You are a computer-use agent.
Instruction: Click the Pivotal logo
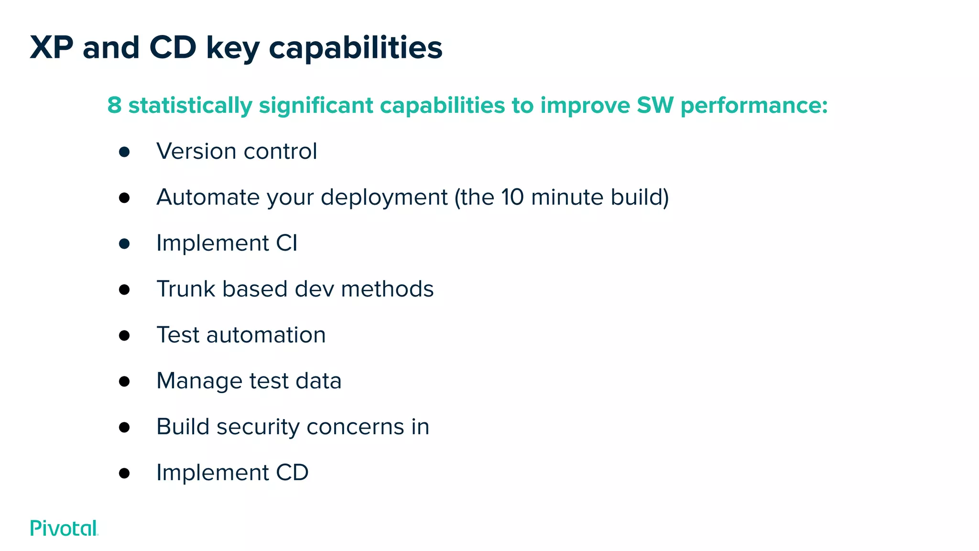[64, 528]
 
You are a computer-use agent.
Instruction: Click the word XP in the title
[52, 48]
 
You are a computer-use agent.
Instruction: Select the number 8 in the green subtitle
[114, 105]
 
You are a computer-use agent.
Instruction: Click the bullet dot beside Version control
[124, 152]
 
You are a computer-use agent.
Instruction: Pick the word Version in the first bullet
[196, 151]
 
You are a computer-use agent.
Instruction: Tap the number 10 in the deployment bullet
[512, 197]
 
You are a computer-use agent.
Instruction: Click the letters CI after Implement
[287, 243]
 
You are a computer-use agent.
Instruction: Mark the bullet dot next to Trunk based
[124, 290]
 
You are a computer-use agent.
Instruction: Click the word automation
[266, 335]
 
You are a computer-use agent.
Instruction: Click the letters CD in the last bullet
[292, 473]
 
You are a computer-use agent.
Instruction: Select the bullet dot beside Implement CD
[124, 474]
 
